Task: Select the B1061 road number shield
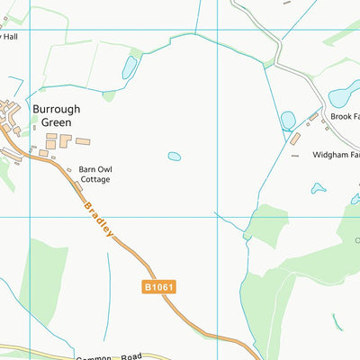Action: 157,287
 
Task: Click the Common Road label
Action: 108,356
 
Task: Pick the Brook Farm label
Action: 344,117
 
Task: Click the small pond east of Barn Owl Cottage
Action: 174,157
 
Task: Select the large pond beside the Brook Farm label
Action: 342,94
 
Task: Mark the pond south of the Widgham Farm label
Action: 317,188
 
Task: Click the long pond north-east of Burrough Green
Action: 130,67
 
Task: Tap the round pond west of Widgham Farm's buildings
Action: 288,120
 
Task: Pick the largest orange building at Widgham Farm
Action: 295,139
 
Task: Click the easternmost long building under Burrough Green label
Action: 83,141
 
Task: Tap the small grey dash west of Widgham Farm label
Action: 294,156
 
